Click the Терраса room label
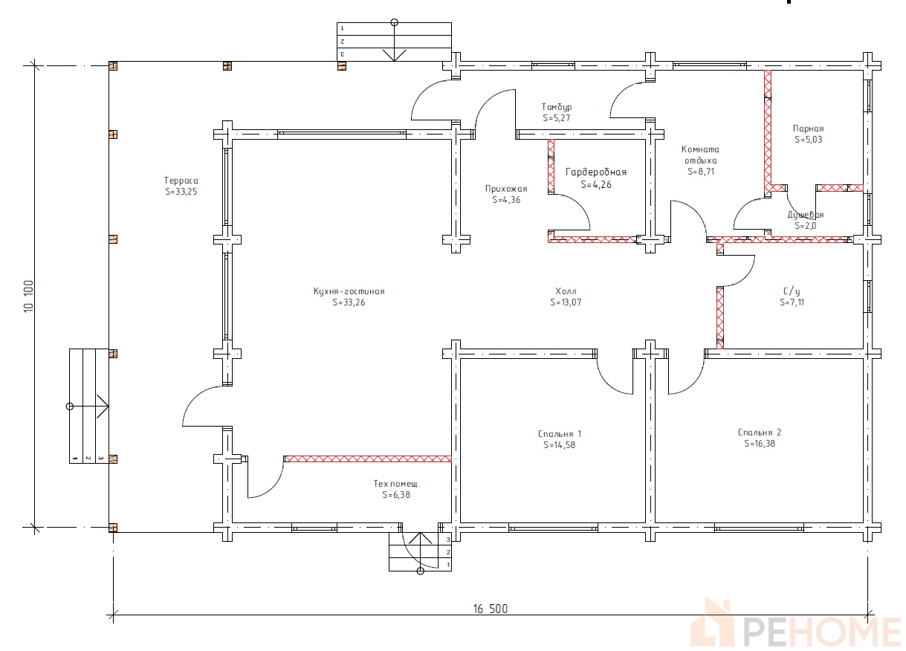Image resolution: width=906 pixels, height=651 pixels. click(x=181, y=181)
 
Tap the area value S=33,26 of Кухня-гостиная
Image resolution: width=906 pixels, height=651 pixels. click(x=349, y=302)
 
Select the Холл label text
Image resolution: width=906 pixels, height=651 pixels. click(x=566, y=291)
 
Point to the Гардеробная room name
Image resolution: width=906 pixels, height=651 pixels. click(x=596, y=172)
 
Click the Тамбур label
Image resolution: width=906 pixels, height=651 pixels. click(x=557, y=107)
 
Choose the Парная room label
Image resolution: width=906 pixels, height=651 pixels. click(x=808, y=129)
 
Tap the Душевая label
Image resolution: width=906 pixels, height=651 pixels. click(x=805, y=215)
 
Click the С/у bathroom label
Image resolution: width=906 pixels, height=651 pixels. click(x=792, y=291)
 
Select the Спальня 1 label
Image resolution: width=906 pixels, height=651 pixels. click(x=560, y=434)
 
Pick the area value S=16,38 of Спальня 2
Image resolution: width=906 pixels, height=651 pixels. click(x=760, y=444)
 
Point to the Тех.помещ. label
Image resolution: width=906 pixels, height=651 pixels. click(x=397, y=484)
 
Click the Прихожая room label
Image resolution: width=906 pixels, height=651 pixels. click(x=506, y=189)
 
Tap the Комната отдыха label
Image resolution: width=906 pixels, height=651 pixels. click(x=701, y=155)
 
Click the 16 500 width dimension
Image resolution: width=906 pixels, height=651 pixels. click(x=491, y=609)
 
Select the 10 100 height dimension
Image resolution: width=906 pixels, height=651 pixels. click(x=29, y=296)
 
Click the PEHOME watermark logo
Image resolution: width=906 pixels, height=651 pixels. click(x=795, y=625)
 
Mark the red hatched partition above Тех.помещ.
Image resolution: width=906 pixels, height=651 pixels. click(x=368, y=459)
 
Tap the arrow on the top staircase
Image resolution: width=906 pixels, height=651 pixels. click(x=395, y=42)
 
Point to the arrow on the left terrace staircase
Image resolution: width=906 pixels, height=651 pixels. click(x=88, y=406)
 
